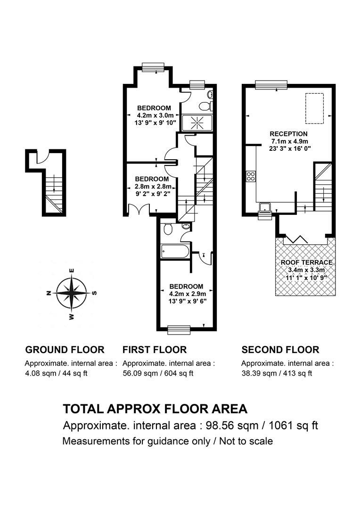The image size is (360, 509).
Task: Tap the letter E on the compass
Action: point(72,271)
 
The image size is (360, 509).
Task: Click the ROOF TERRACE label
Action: point(306,263)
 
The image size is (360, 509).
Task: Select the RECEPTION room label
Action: point(288,134)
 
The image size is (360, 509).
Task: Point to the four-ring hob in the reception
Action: point(251,176)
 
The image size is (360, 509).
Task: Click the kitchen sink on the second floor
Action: point(266,207)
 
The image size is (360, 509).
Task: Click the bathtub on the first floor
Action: point(175,251)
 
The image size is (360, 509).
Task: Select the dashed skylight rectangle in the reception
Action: point(314,108)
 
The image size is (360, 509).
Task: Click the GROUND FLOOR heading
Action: point(65,350)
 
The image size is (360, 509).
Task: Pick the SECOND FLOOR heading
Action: point(280,350)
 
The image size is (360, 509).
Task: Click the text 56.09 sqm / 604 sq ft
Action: point(158,373)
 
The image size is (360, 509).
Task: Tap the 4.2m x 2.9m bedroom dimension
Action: point(188,294)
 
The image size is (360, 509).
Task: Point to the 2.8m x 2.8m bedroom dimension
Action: point(153,186)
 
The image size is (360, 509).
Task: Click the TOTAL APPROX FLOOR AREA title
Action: point(155,409)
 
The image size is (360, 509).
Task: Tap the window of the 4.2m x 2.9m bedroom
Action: point(179,330)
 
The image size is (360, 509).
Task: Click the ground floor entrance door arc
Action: point(42,158)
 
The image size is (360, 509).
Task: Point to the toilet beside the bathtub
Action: point(168,229)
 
